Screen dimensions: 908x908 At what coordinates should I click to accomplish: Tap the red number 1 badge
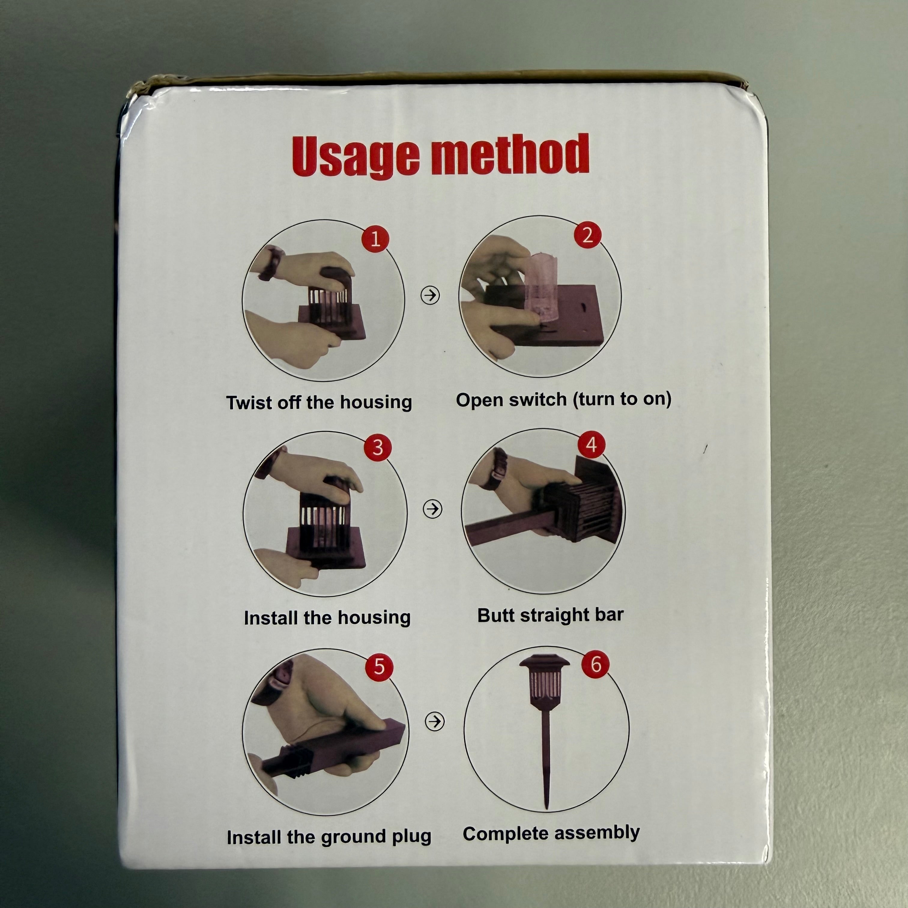pyautogui.click(x=375, y=239)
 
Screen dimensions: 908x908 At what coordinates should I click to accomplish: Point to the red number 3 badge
pyautogui.click(x=377, y=447)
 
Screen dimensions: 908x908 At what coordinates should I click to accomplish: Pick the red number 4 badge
pyautogui.click(x=591, y=444)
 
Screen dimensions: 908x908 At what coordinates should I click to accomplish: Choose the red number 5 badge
pyautogui.click(x=379, y=666)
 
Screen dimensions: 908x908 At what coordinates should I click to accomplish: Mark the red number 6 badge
pyautogui.click(x=595, y=664)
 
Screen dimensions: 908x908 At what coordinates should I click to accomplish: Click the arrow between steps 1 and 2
pyautogui.click(x=430, y=295)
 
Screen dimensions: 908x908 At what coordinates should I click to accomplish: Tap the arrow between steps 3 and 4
pyautogui.click(x=432, y=509)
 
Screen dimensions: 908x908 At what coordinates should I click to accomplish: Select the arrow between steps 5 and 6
pyautogui.click(x=435, y=721)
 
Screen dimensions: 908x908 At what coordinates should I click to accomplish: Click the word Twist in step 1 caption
pyautogui.click(x=249, y=403)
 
